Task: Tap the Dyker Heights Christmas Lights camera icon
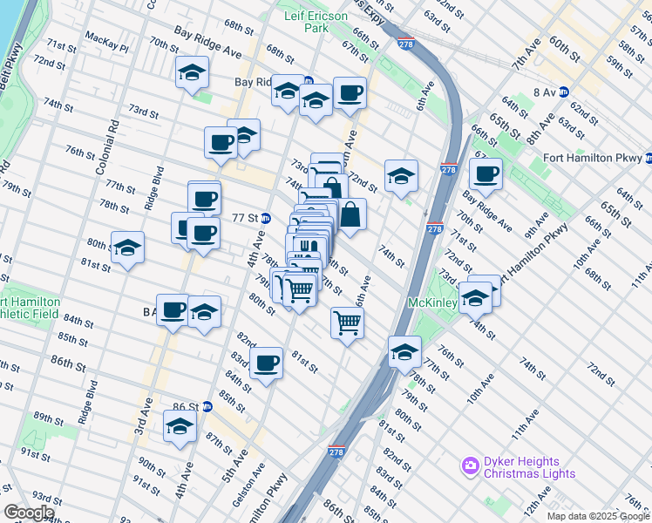pos(471,465)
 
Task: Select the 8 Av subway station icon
pos(563,91)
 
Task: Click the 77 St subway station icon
pos(265,218)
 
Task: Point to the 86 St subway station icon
pos(207,406)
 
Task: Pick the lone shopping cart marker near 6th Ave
pos(347,323)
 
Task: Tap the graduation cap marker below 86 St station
pos(180,426)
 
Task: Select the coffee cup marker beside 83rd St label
pos(267,362)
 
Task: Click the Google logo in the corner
pos(28,513)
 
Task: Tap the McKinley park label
pos(433,303)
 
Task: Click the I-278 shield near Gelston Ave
pos(336,452)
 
